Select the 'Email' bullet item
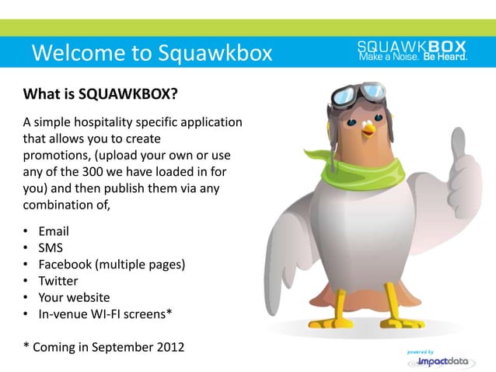[54, 231]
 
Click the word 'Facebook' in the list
[65, 265]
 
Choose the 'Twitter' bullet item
[58, 281]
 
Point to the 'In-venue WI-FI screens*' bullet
[105, 314]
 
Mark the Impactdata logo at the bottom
[439, 361]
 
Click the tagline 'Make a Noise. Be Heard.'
[412, 57]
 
